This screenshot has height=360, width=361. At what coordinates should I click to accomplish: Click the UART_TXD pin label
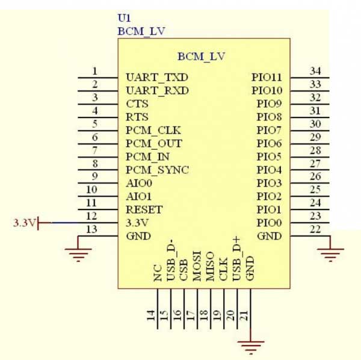click(x=156, y=78)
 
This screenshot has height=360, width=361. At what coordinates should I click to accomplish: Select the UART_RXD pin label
click(x=157, y=91)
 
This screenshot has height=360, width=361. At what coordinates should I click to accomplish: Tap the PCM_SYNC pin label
click(x=157, y=170)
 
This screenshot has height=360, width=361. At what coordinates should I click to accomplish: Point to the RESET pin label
click(x=144, y=210)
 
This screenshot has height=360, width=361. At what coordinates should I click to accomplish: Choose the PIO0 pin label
click(x=270, y=223)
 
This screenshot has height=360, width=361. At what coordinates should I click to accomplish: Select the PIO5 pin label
click(x=270, y=157)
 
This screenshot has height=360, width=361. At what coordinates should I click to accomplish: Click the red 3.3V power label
click(x=24, y=223)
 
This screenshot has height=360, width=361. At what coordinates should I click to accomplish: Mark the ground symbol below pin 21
click(x=250, y=346)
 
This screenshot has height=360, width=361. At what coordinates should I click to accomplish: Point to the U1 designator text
click(x=123, y=18)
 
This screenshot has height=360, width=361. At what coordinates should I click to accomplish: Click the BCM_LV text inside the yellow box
click(x=201, y=57)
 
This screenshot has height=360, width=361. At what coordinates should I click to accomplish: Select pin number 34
click(x=315, y=71)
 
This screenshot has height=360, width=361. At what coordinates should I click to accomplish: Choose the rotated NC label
click(x=158, y=274)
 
